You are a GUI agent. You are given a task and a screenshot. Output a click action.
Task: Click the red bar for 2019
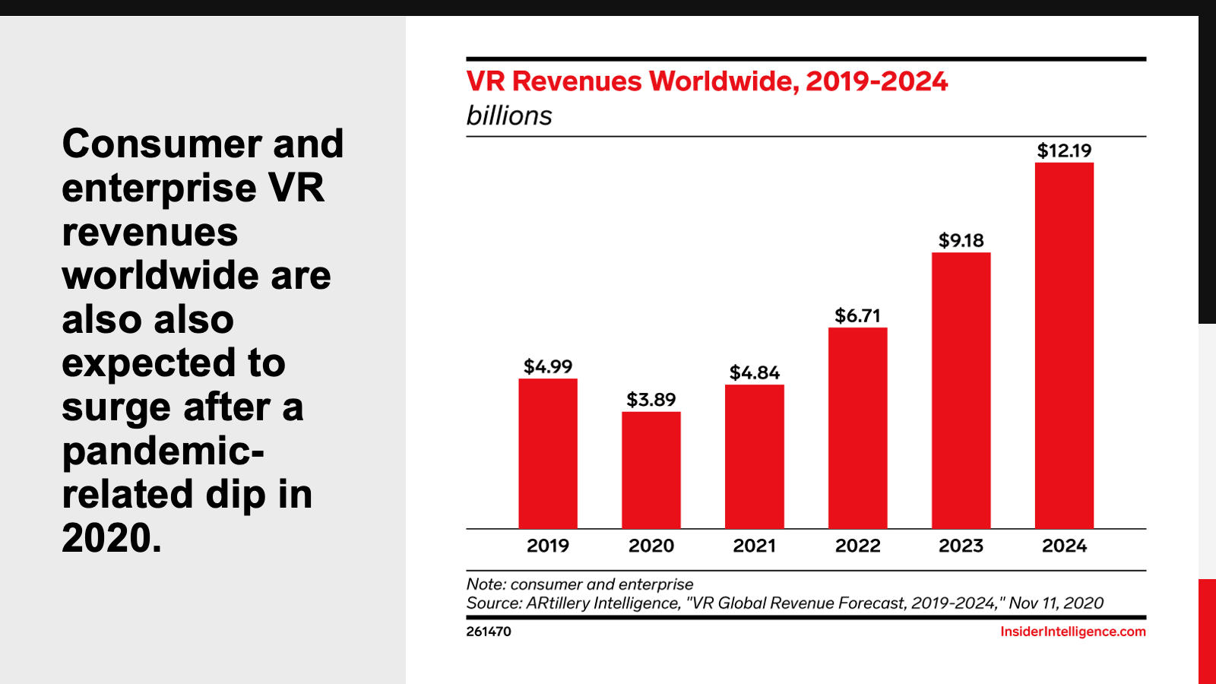click(548, 454)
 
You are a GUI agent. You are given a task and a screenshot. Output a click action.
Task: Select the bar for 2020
click(651, 470)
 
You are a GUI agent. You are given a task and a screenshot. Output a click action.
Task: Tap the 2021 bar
click(755, 457)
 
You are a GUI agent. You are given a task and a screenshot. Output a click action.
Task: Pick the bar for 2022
click(858, 428)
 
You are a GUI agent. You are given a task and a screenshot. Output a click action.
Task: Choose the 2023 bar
click(961, 391)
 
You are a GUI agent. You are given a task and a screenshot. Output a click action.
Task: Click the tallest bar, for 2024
click(1064, 346)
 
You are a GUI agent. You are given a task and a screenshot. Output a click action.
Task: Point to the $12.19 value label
click(1064, 150)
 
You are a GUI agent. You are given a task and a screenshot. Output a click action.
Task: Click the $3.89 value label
click(651, 400)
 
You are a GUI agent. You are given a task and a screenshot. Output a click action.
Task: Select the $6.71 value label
click(858, 315)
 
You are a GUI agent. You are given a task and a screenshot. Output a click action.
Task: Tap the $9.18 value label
click(961, 241)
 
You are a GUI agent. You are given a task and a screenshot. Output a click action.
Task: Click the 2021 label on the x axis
click(755, 546)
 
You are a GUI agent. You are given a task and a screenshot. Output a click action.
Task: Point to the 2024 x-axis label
click(1064, 546)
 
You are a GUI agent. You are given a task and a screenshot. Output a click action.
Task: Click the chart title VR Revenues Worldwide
click(707, 81)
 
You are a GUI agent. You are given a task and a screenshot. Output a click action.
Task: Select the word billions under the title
click(509, 116)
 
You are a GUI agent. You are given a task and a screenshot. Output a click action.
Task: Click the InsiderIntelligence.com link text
click(1072, 632)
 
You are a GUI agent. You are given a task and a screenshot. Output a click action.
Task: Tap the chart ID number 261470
click(489, 632)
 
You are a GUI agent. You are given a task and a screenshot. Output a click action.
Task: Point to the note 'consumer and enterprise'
click(602, 584)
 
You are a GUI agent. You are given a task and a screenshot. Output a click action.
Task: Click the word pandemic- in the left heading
click(163, 451)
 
